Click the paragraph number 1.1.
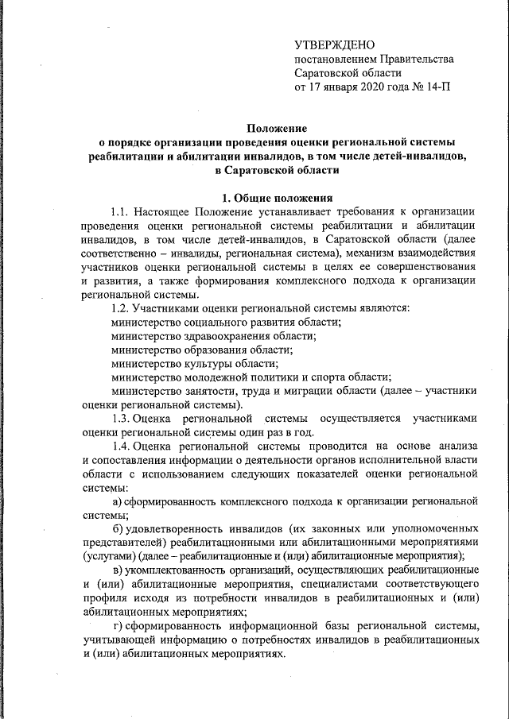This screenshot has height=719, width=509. point(119,211)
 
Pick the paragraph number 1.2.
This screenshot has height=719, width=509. point(119,308)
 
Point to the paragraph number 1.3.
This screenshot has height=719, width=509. point(119,418)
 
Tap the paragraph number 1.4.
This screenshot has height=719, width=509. point(119,446)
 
